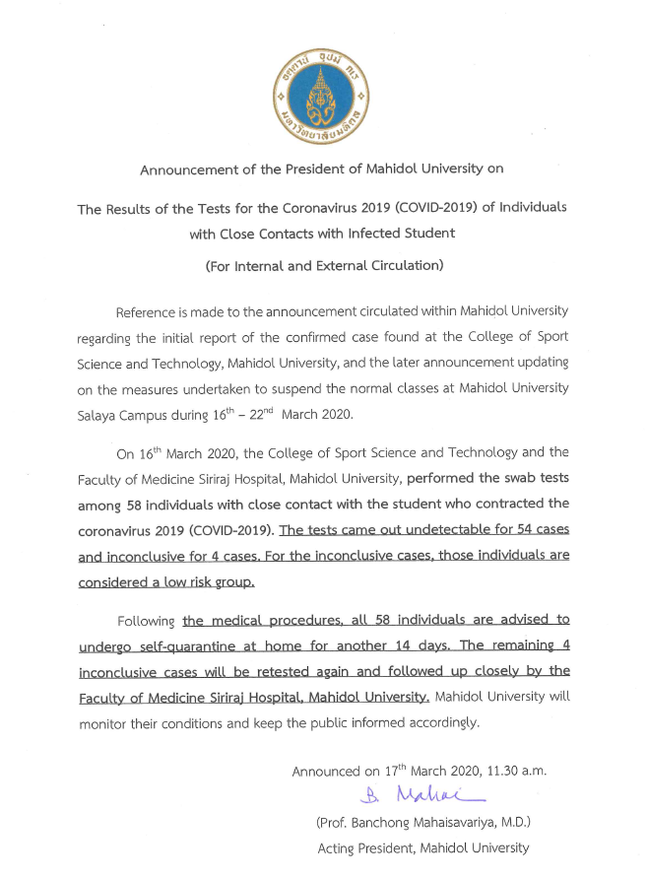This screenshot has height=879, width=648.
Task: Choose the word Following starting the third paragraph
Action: pyautogui.click(x=146, y=621)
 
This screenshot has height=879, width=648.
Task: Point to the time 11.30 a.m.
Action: pyautogui.click(x=511, y=772)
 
